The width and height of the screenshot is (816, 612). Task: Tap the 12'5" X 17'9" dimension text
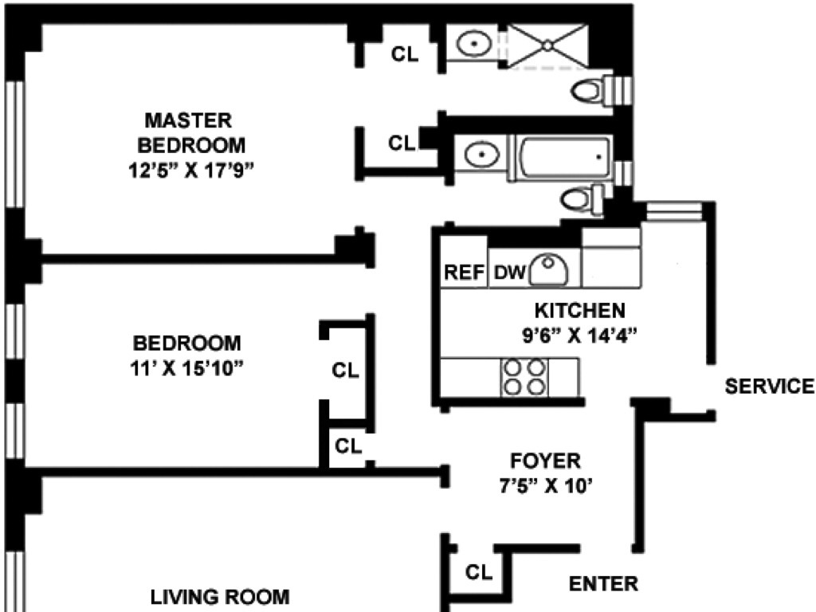pos(192,170)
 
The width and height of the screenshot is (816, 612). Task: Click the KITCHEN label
pos(579,310)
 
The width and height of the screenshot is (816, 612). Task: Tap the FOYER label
pos(546,461)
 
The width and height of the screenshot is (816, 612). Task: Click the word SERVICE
pos(769,386)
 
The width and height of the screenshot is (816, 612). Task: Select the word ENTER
pos(603,583)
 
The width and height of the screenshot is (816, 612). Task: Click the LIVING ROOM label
pos(220,596)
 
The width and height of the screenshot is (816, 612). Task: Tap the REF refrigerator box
pos(464,273)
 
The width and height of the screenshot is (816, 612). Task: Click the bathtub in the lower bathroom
pos(564,156)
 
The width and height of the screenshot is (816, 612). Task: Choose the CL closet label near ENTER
pos(479,572)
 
